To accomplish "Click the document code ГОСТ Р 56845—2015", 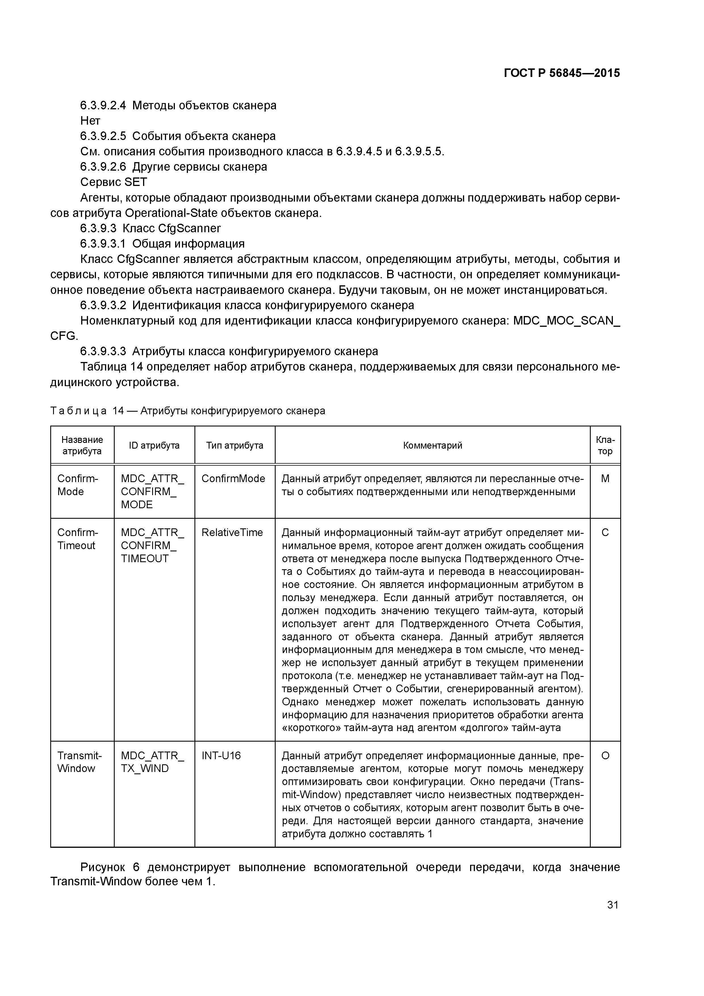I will click(x=562, y=73).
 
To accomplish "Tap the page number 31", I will click(x=613, y=905).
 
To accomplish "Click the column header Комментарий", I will click(x=432, y=445).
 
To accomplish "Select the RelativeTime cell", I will click(x=232, y=533).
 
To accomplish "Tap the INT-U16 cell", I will click(x=221, y=756).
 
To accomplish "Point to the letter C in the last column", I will click(x=605, y=533).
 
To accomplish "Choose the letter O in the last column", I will click(x=605, y=756).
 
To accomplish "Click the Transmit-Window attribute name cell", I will click(x=79, y=762).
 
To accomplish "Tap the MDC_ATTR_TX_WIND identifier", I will click(x=152, y=762).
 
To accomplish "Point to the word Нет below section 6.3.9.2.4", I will click(x=90, y=121).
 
